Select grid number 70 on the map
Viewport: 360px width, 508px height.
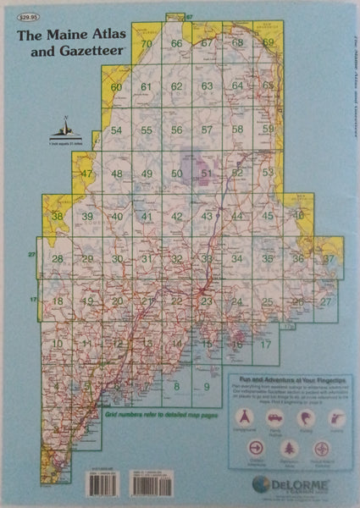(146, 44)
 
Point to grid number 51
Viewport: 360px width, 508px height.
(206, 173)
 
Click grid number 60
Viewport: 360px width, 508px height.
(116, 87)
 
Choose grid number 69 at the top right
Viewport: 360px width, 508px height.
(268, 42)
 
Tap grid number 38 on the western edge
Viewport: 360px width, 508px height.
(57, 218)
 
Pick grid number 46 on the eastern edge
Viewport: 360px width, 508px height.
(298, 216)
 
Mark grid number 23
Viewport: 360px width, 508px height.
(206, 301)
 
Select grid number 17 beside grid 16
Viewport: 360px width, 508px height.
(266, 345)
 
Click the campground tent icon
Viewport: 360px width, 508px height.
(244, 416)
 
